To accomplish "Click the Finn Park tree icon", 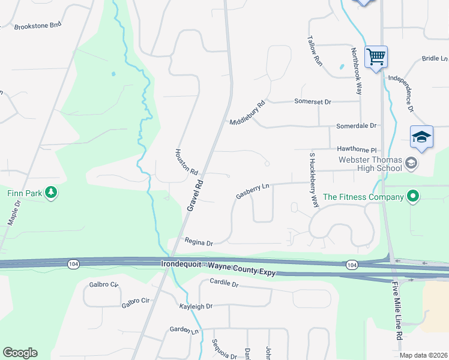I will click(52, 193).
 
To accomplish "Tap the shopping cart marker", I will click(376, 58).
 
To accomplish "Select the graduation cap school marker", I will click(421, 138).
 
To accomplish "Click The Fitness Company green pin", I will click(412, 196).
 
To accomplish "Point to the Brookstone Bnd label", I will click(38, 26).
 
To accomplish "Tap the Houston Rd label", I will click(186, 162).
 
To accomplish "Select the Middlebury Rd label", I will click(247, 113).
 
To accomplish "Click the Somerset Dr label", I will click(312, 102).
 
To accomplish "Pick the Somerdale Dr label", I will click(356, 126).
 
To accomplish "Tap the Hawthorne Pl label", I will click(356, 150).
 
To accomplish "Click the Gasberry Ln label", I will click(252, 191).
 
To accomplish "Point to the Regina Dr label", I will click(199, 243).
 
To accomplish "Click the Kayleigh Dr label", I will click(196, 306).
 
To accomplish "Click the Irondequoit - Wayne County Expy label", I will click(218, 268).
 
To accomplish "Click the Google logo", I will click(20, 353).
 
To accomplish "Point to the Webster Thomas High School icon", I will click(411, 162).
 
